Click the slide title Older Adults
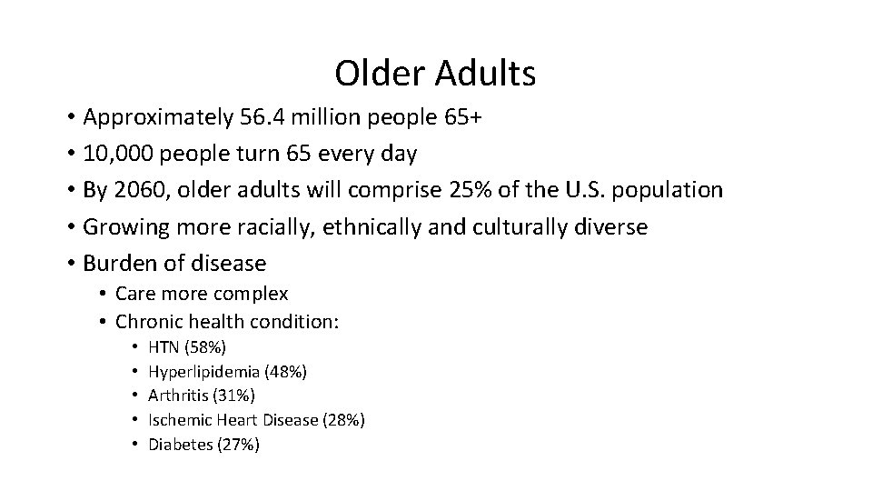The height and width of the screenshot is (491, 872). coord(435,74)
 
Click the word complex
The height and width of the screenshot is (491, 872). coord(251,294)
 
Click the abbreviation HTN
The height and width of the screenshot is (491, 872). coord(164,346)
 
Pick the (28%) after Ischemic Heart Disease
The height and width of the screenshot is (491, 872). coord(345,420)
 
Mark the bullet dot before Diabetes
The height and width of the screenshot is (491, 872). coord(134,445)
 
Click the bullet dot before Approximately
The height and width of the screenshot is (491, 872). coord(70,117)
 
